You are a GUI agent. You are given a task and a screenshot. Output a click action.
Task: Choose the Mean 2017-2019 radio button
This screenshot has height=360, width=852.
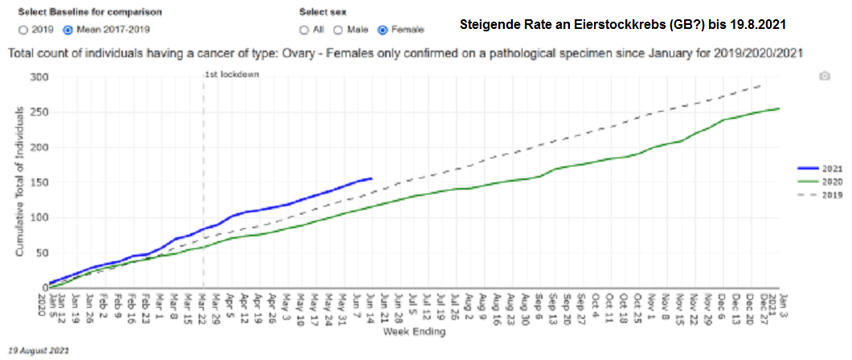point(68,30)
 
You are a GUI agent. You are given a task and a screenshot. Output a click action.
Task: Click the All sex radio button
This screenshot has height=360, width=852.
point(304,30)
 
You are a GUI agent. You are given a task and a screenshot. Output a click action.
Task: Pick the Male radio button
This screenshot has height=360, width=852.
point(338,30)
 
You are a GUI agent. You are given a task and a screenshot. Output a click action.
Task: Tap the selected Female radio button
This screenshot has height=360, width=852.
point(383,30)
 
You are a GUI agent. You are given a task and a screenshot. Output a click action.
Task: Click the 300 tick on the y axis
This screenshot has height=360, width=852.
point(38,77)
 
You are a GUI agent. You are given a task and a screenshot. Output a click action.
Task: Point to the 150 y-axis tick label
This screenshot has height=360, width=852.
point(38,182)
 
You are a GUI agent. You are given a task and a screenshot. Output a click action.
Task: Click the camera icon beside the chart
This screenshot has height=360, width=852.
point(824,76)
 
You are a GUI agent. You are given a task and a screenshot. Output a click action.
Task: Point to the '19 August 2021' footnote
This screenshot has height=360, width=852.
point(39,351)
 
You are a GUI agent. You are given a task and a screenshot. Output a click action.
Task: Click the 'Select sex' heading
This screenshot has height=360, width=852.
point(322,13)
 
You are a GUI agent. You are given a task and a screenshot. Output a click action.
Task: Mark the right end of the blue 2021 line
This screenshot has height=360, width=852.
point(371,178)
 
